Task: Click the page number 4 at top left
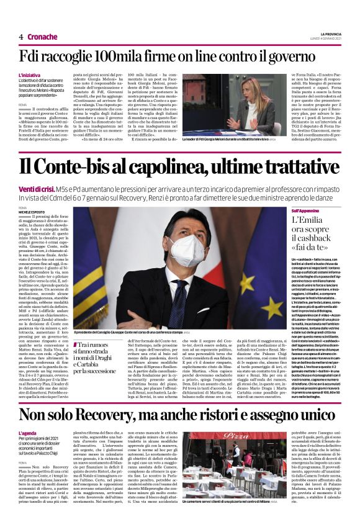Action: click(20, 37)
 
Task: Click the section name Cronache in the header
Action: click(42, 37)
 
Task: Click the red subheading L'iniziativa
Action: click(30, 74)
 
